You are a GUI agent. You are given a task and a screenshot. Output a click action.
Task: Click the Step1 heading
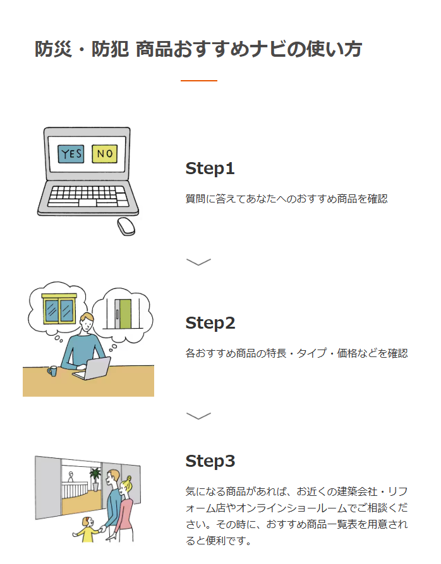pyautogui.click(x=210, y=168)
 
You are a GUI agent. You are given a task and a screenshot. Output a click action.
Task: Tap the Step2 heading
pyautogui.click(x=210, y=323)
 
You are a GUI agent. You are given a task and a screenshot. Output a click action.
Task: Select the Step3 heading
pyautogui.click(x=210, y=461)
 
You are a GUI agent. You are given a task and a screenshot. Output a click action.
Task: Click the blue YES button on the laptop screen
pyautogui.click(x=71, y=153)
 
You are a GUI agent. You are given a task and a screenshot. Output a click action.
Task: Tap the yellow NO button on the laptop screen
pyautogui.click(x=104, y=153)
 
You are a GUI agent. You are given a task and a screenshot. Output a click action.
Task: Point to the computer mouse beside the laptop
pyautogui.click(x=126, y=226)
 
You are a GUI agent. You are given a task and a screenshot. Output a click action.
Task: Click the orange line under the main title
pyautogui.click(x=199, y=81)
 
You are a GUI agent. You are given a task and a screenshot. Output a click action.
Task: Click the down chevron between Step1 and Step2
pyautogui.click(x=199, y=261)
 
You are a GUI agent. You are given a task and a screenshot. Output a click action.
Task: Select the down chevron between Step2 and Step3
pyautogui.click(x=199, y=415)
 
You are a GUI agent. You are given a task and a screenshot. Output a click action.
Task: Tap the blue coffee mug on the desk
pyautogui.click(x=52, y=371)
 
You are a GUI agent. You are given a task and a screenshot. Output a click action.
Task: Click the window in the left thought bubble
pyautogui.click(x=58, y=309)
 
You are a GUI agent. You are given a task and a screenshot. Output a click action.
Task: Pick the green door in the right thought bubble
pyautogui.click(x=124, y=314)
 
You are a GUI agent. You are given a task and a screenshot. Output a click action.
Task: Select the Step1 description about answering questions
pyautogui.click(x=286, y=199)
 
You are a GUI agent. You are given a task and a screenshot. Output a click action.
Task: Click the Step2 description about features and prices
pyautogui.click(x=296, y=353)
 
